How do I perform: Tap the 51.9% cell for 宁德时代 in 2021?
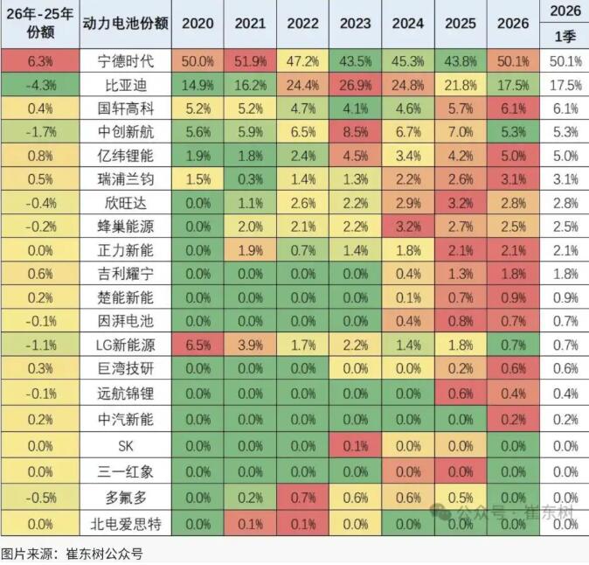pyautogui.click(x=251, y=61)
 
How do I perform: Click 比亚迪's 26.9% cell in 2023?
pyautogui.click(x=356, y=85)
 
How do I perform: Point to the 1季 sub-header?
pyautogui.click(x=564, y=37)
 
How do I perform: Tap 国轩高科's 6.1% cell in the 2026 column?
pyautogui.click(x=512, y=108)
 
